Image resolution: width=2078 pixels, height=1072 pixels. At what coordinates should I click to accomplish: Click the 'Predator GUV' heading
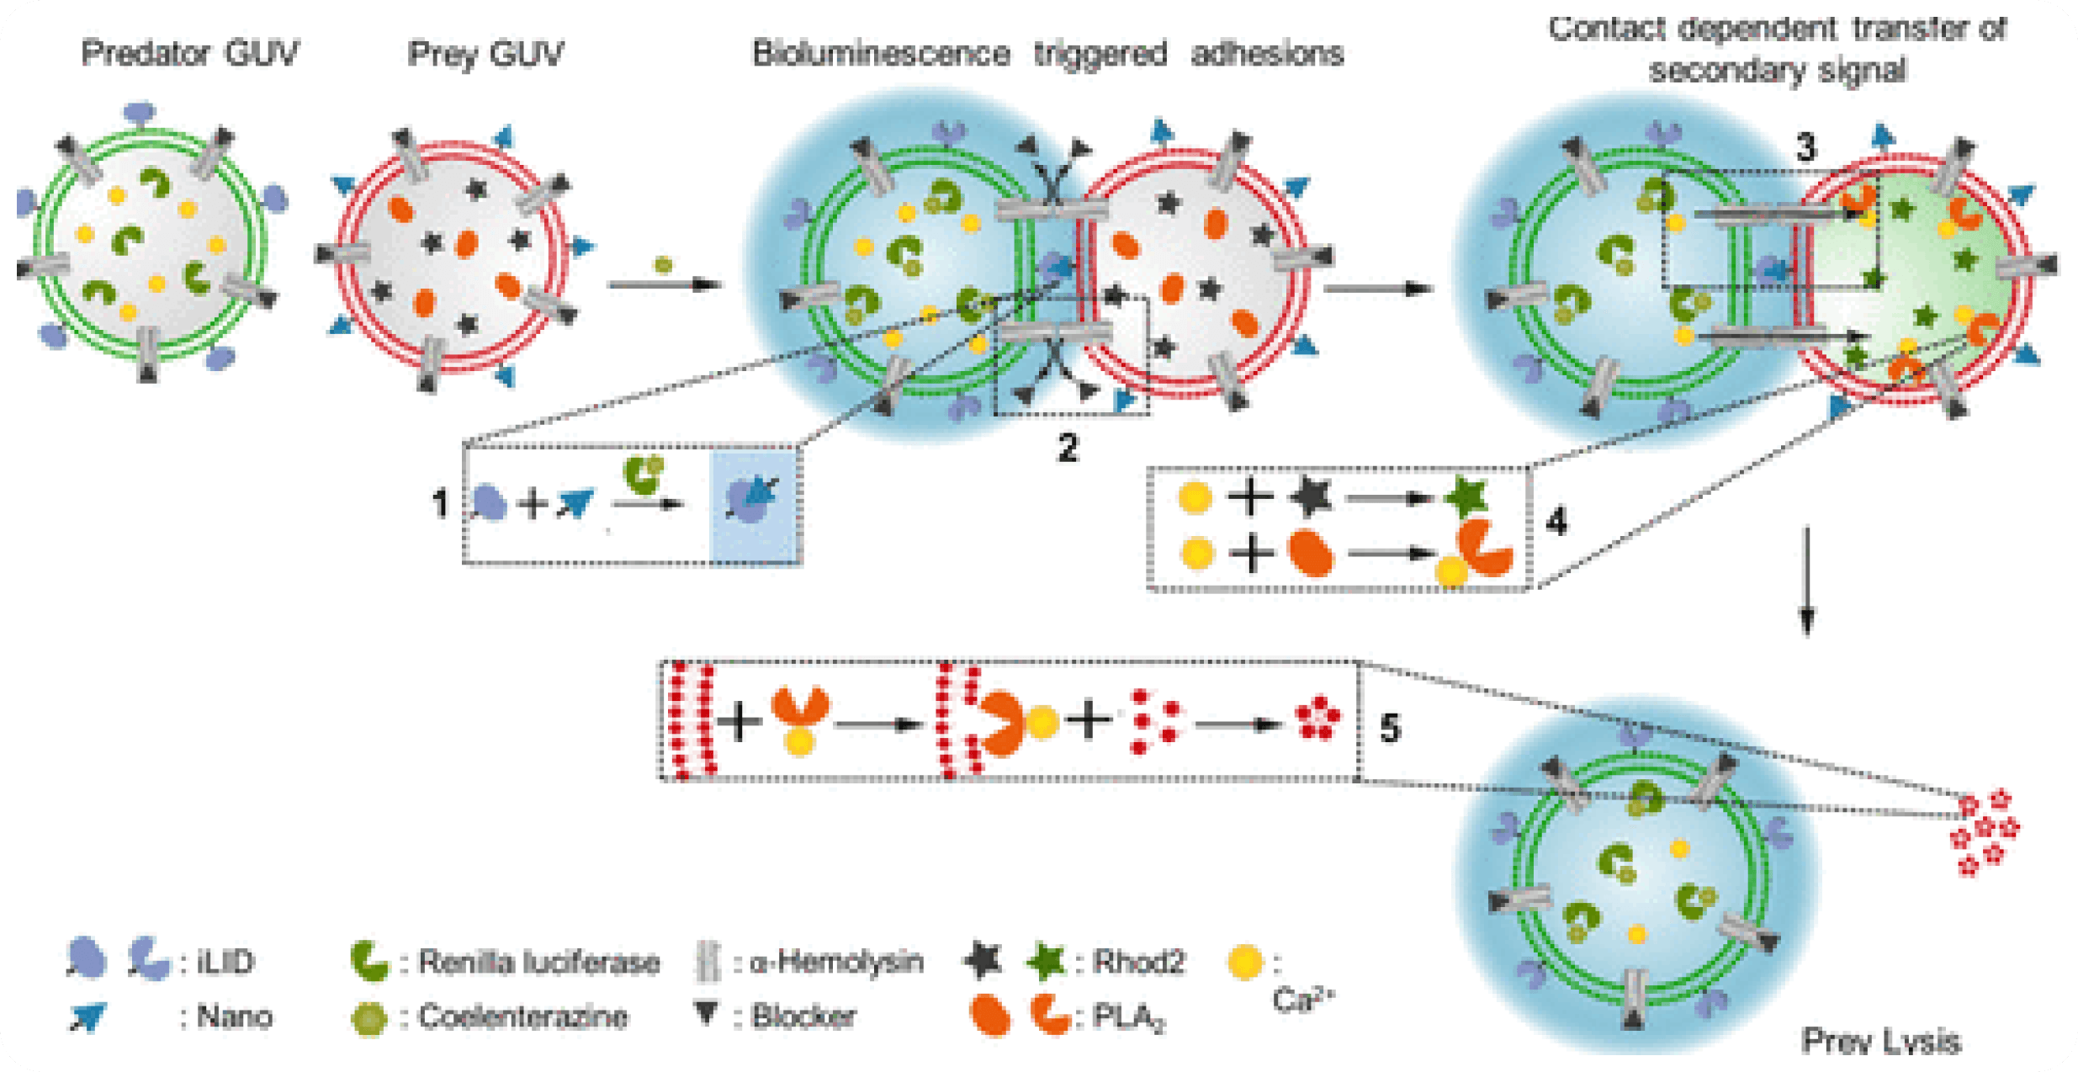click(x=189, y=54)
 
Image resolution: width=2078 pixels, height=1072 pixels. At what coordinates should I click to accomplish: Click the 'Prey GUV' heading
click(x=485, y=54)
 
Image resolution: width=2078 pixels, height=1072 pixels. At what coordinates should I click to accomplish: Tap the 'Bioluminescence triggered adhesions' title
click(x=1047, y=54)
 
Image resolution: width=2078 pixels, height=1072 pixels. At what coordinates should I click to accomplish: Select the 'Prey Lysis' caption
click(x=1880, y=1042)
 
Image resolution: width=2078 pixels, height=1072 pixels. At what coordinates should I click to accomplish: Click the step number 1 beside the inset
click(x=440, y=504)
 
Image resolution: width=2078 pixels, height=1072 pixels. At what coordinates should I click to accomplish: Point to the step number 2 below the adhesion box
click(x=1068, y=448)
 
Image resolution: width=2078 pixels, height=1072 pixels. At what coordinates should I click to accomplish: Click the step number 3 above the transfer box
click(x=1806, y=149)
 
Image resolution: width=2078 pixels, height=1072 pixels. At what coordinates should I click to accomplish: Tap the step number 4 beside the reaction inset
click(x=1556, y=522)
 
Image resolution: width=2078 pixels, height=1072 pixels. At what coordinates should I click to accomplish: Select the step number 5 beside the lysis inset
click(x=1390, y=728)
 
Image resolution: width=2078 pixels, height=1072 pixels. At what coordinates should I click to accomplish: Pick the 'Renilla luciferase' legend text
click(x=538, y=962)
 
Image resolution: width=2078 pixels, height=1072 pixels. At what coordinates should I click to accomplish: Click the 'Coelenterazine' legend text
click(x=522, y=1017)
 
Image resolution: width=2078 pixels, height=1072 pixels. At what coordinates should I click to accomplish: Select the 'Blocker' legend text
click(x=803, y=1017)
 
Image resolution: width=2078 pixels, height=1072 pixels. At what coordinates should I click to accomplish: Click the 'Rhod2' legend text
click(x=1138, y=962)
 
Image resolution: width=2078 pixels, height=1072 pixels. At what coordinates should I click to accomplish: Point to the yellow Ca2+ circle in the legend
click(x=1245, y=963)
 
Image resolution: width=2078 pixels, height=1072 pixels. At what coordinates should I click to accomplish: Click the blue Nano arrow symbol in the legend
click(x=87, y=1017)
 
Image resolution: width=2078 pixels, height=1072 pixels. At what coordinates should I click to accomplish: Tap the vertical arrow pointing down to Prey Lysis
click(x=1806, y=581)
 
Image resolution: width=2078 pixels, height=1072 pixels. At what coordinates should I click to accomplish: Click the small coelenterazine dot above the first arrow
click(x=663, y=265)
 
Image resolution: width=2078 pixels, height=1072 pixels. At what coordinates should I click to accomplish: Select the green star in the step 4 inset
click(x=1467, y=497)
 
